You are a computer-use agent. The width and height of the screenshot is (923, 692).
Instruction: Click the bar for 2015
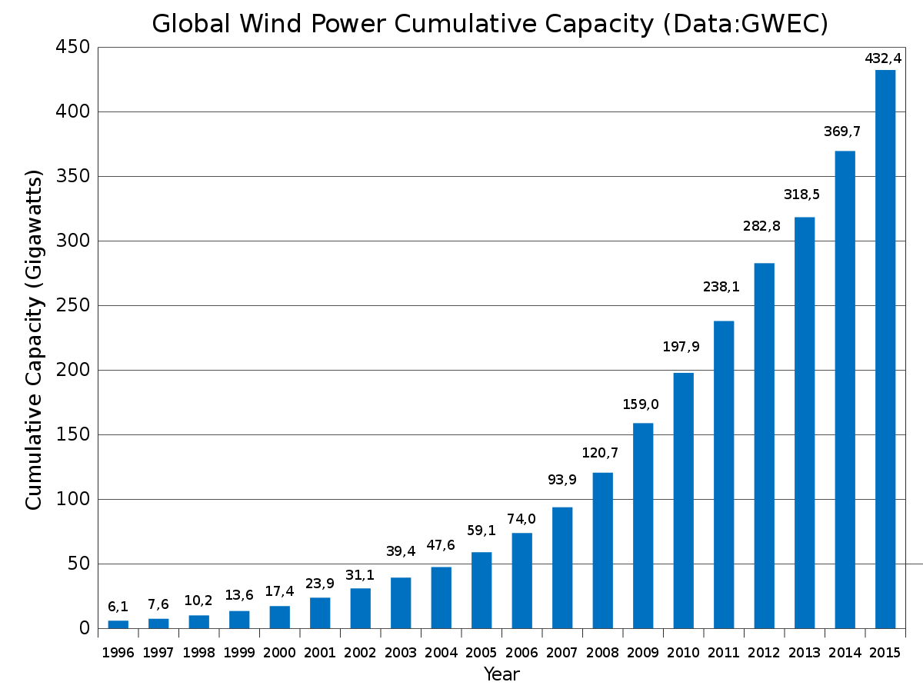[x=885, y=350]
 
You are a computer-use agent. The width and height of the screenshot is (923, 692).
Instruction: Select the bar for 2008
[x=602, y=551]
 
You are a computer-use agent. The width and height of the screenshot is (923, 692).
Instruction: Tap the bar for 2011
[x=724, y=474]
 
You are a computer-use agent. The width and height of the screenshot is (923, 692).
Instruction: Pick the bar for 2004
[x=441, y=597]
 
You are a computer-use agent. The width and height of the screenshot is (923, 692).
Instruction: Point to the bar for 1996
[x=118, y=624]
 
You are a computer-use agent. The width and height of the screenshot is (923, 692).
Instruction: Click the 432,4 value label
[x=883, y=58]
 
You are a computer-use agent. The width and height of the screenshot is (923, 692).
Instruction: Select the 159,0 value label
[x=641, y=404]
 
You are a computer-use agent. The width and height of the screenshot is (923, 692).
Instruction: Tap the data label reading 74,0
[x=520, y=519]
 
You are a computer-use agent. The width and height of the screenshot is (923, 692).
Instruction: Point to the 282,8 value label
[x=761, y=226]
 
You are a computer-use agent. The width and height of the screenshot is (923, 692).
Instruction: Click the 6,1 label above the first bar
[x=118, y=607]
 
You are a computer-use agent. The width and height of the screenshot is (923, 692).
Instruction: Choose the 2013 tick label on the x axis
[x=804, y=653]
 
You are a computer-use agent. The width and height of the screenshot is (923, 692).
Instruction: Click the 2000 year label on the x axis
[x=279, y=653]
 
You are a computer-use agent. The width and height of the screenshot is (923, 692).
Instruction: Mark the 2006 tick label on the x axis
[x=521, y=653]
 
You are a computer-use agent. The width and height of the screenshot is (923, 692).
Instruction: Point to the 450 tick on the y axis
[x=72, y=48]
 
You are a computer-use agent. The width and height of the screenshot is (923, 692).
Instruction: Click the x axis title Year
[x=501, y=675]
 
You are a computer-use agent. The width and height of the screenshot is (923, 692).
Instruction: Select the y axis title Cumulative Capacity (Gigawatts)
[x=34, y=338]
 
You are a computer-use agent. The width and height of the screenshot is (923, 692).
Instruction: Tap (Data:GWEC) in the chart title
[x=745, y=24]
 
